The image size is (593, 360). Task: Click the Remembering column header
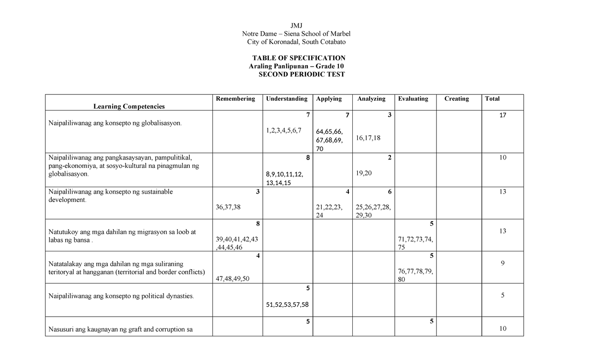click(235, 99)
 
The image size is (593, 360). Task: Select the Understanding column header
click(287, 99)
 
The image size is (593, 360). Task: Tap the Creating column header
click(456, 99)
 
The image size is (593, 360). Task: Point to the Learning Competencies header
click(129, 106)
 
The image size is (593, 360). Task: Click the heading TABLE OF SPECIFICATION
click(298, 58)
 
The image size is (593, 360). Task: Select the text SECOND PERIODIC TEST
click(301, 75)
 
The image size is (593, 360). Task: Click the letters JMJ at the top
click(296, 25)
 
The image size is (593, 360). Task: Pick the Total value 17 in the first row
click(503, 115)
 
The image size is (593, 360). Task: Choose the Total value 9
click(503, 263)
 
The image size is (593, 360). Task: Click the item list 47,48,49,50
click(233, 279)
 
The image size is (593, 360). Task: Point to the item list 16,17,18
click(368, 138)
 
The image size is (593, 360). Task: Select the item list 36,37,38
click(228, 207)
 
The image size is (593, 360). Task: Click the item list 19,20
click(364, 173)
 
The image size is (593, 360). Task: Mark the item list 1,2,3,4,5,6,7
click(283, 130)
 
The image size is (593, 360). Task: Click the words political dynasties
click(164, 296)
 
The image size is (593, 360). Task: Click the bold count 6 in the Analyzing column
click(389, 192)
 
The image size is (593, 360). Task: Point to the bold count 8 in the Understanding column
click(307, 158)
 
